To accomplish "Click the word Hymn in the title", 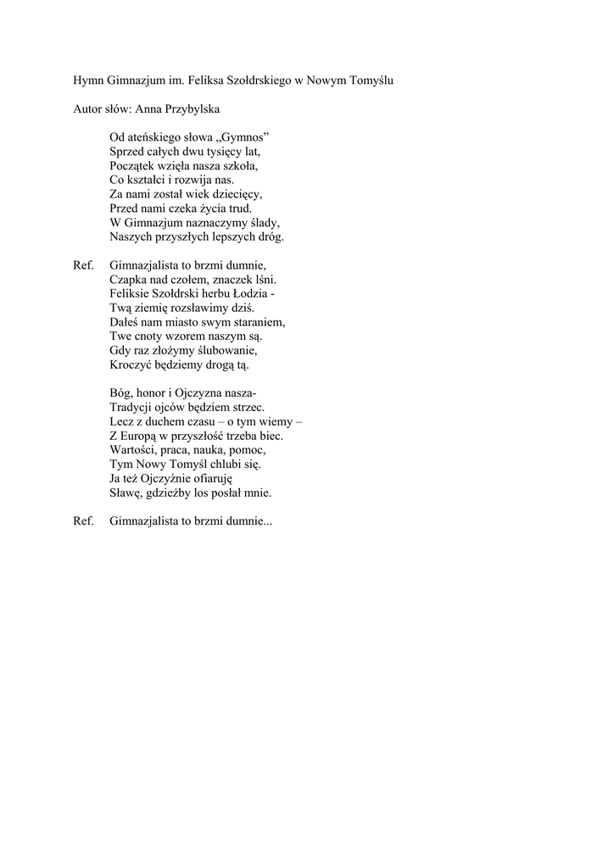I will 88,81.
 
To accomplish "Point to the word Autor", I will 88,109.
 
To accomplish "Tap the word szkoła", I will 238,165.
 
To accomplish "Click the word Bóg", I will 120,392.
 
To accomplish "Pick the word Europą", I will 141,435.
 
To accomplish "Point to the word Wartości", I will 133,449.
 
